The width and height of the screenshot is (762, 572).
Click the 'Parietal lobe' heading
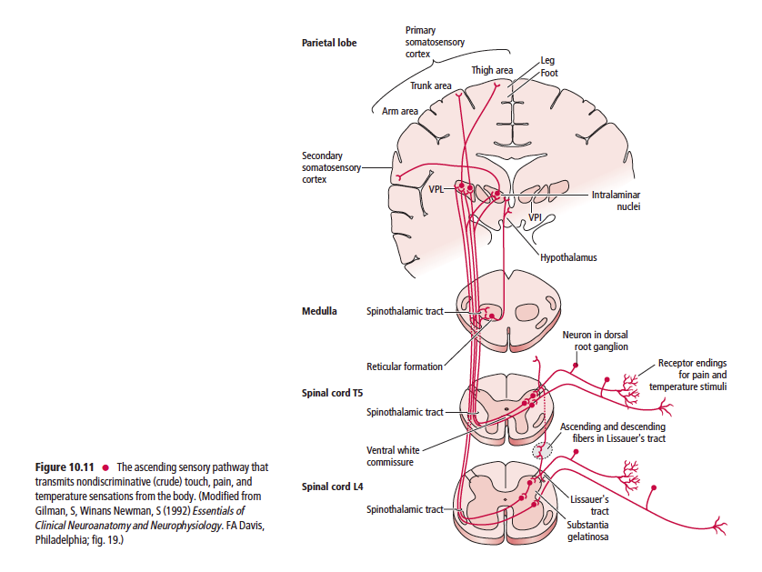pyautogui.click(x=329, y=43)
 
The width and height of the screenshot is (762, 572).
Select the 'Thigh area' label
pyautogui.click(x=492, y=70)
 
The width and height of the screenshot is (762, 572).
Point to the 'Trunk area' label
pyautogui.click(x=431, y=85)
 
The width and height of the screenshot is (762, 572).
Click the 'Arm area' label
pyautogui.click(x=400, y=111)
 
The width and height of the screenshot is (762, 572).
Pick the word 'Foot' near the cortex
pyautogui.click(x=549, y=73)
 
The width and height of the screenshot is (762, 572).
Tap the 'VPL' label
pyautogui.click(x=436, y=190)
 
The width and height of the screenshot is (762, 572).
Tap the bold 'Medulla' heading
pyautogui.click(x=318, y=311)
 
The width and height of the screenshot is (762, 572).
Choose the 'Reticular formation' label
pyautogui.click(x=405, y=367)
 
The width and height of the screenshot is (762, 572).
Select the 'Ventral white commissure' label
pyautogui.click(x=393, y=456)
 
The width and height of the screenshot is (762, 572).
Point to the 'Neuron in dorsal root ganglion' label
pyautogui.click(x=595, y=341)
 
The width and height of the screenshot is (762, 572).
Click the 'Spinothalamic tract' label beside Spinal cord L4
pyautogui.click(x=405, y=509)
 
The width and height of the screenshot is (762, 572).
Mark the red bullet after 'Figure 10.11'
pyautogui.click(x=106, y=468)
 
